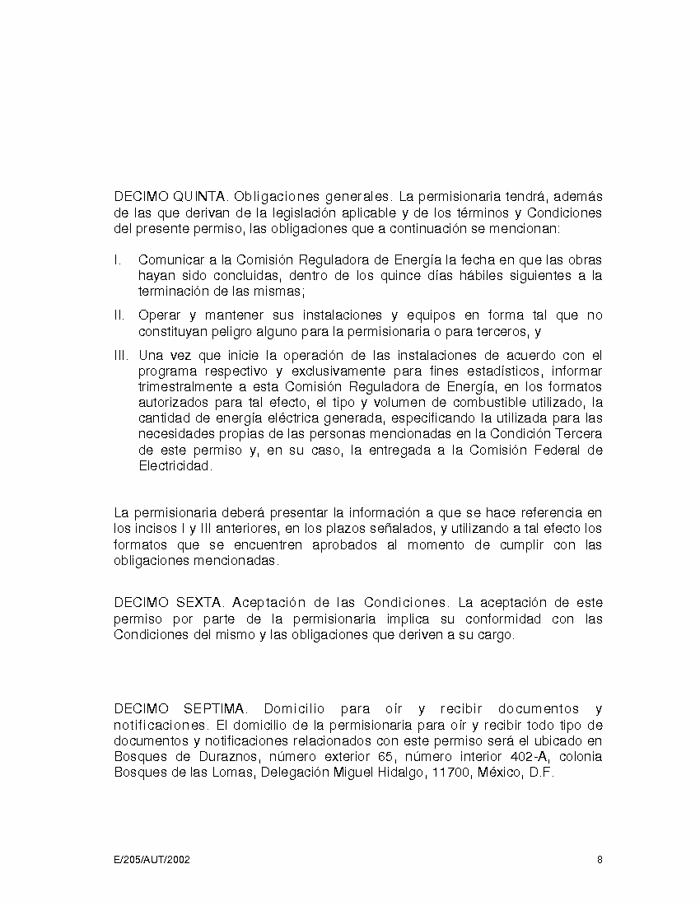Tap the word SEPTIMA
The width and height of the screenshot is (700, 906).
(215, 709)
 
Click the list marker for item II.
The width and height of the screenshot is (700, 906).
(119, 315)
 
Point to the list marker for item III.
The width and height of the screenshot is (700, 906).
(121, 356)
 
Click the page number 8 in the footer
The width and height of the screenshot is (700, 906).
(600, 860)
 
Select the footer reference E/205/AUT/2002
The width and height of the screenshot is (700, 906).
(152, 860)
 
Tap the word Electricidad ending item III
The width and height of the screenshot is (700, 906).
(175, 465)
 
